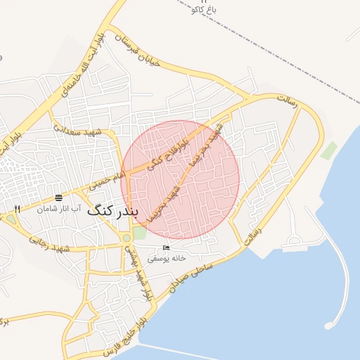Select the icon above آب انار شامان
point(58,197)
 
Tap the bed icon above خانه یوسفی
point(166,248)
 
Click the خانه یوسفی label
point(167,259)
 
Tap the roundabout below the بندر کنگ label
point(125,238)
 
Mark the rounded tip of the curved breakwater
point(329,326)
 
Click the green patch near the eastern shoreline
point(328,150)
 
